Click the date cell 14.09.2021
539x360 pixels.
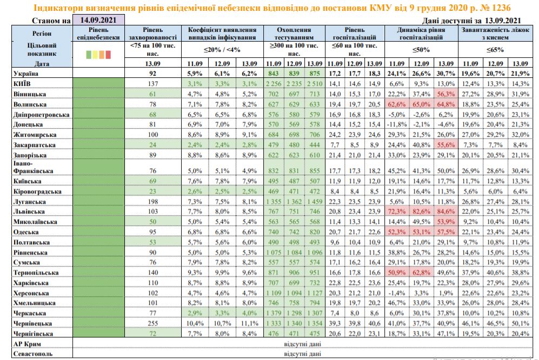coord(98,20)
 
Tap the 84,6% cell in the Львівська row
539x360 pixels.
coord(445,211)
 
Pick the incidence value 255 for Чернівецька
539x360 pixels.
coord(152,322)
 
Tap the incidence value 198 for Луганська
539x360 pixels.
coord(152,202)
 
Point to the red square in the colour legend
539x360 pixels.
coord(108,55)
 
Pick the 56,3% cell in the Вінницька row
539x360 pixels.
coord(445,94)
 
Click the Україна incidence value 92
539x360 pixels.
coord(152,73)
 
